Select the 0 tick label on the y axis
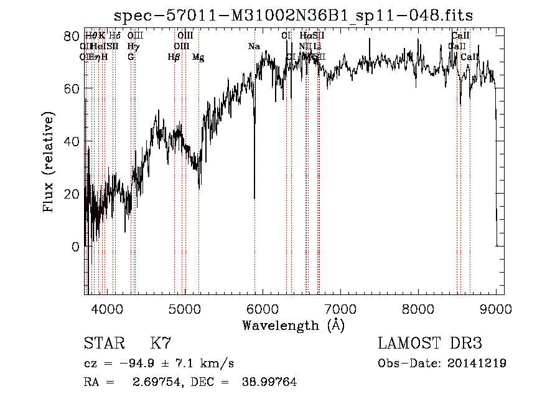[75, 247]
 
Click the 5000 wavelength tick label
[184, 309]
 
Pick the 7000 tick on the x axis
[340, 309]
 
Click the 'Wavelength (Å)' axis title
[293, 325]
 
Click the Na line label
[254, 47]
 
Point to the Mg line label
[198, 57]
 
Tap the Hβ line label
[174, 57]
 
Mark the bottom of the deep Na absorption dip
[254, 198]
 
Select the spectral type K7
[161, 344]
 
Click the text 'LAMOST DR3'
[430, 344]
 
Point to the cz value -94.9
[138, 364]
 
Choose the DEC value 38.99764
[269, 382]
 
